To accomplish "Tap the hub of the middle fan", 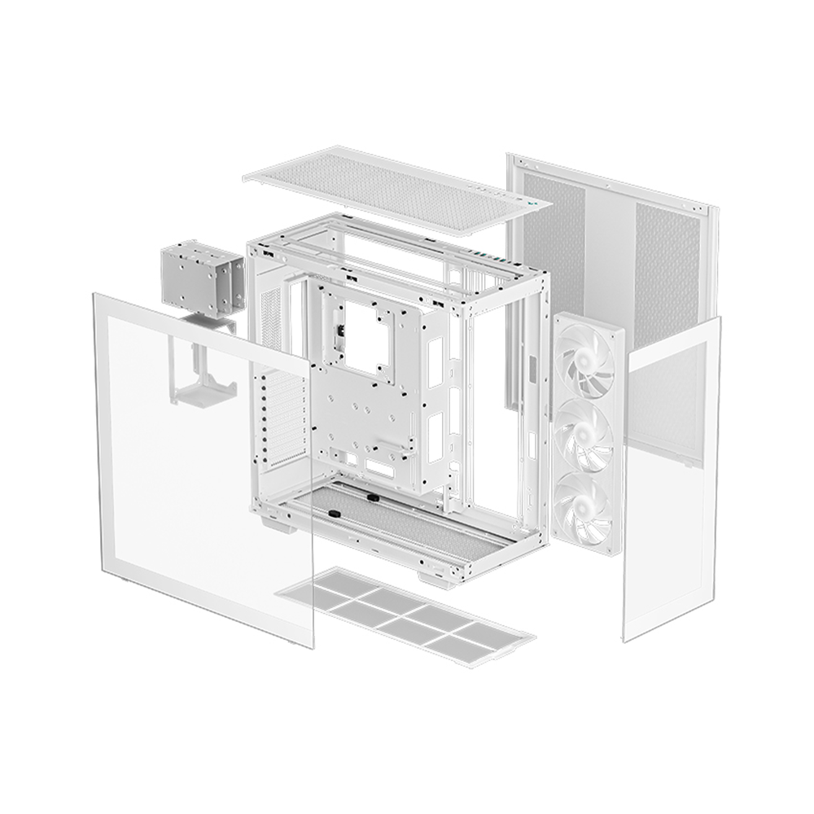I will click(x=584, y=432).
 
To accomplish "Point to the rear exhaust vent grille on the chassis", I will click(x=273, y=317).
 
